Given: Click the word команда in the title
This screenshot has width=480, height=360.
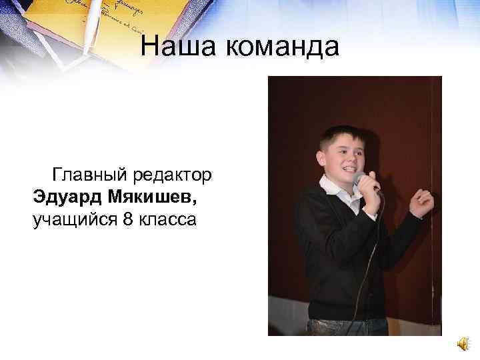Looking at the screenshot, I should click(280, 47).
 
